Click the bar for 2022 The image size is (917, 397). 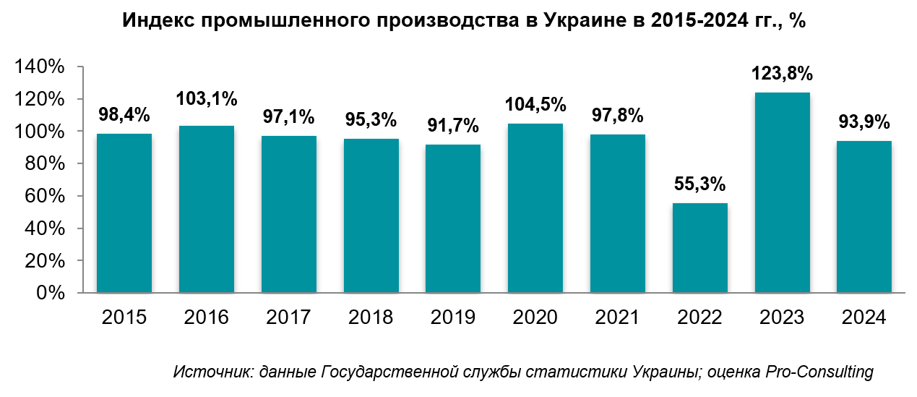(699, 248)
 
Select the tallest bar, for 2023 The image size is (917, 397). (782, 192)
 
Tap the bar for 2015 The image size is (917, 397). (124, 213)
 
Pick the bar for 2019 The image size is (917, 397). (453, 218)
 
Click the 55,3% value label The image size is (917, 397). (699, 184)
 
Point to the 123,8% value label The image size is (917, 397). (782, 74)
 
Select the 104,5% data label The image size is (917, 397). (535, 105)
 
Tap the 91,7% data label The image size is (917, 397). (453, 125)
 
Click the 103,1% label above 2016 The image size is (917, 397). (207, 99)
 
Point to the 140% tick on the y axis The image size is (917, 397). (40, 67)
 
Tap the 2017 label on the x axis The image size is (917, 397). (288, 317)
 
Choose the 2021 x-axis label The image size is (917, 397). (618, 317)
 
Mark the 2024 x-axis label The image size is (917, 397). (864, 317)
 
